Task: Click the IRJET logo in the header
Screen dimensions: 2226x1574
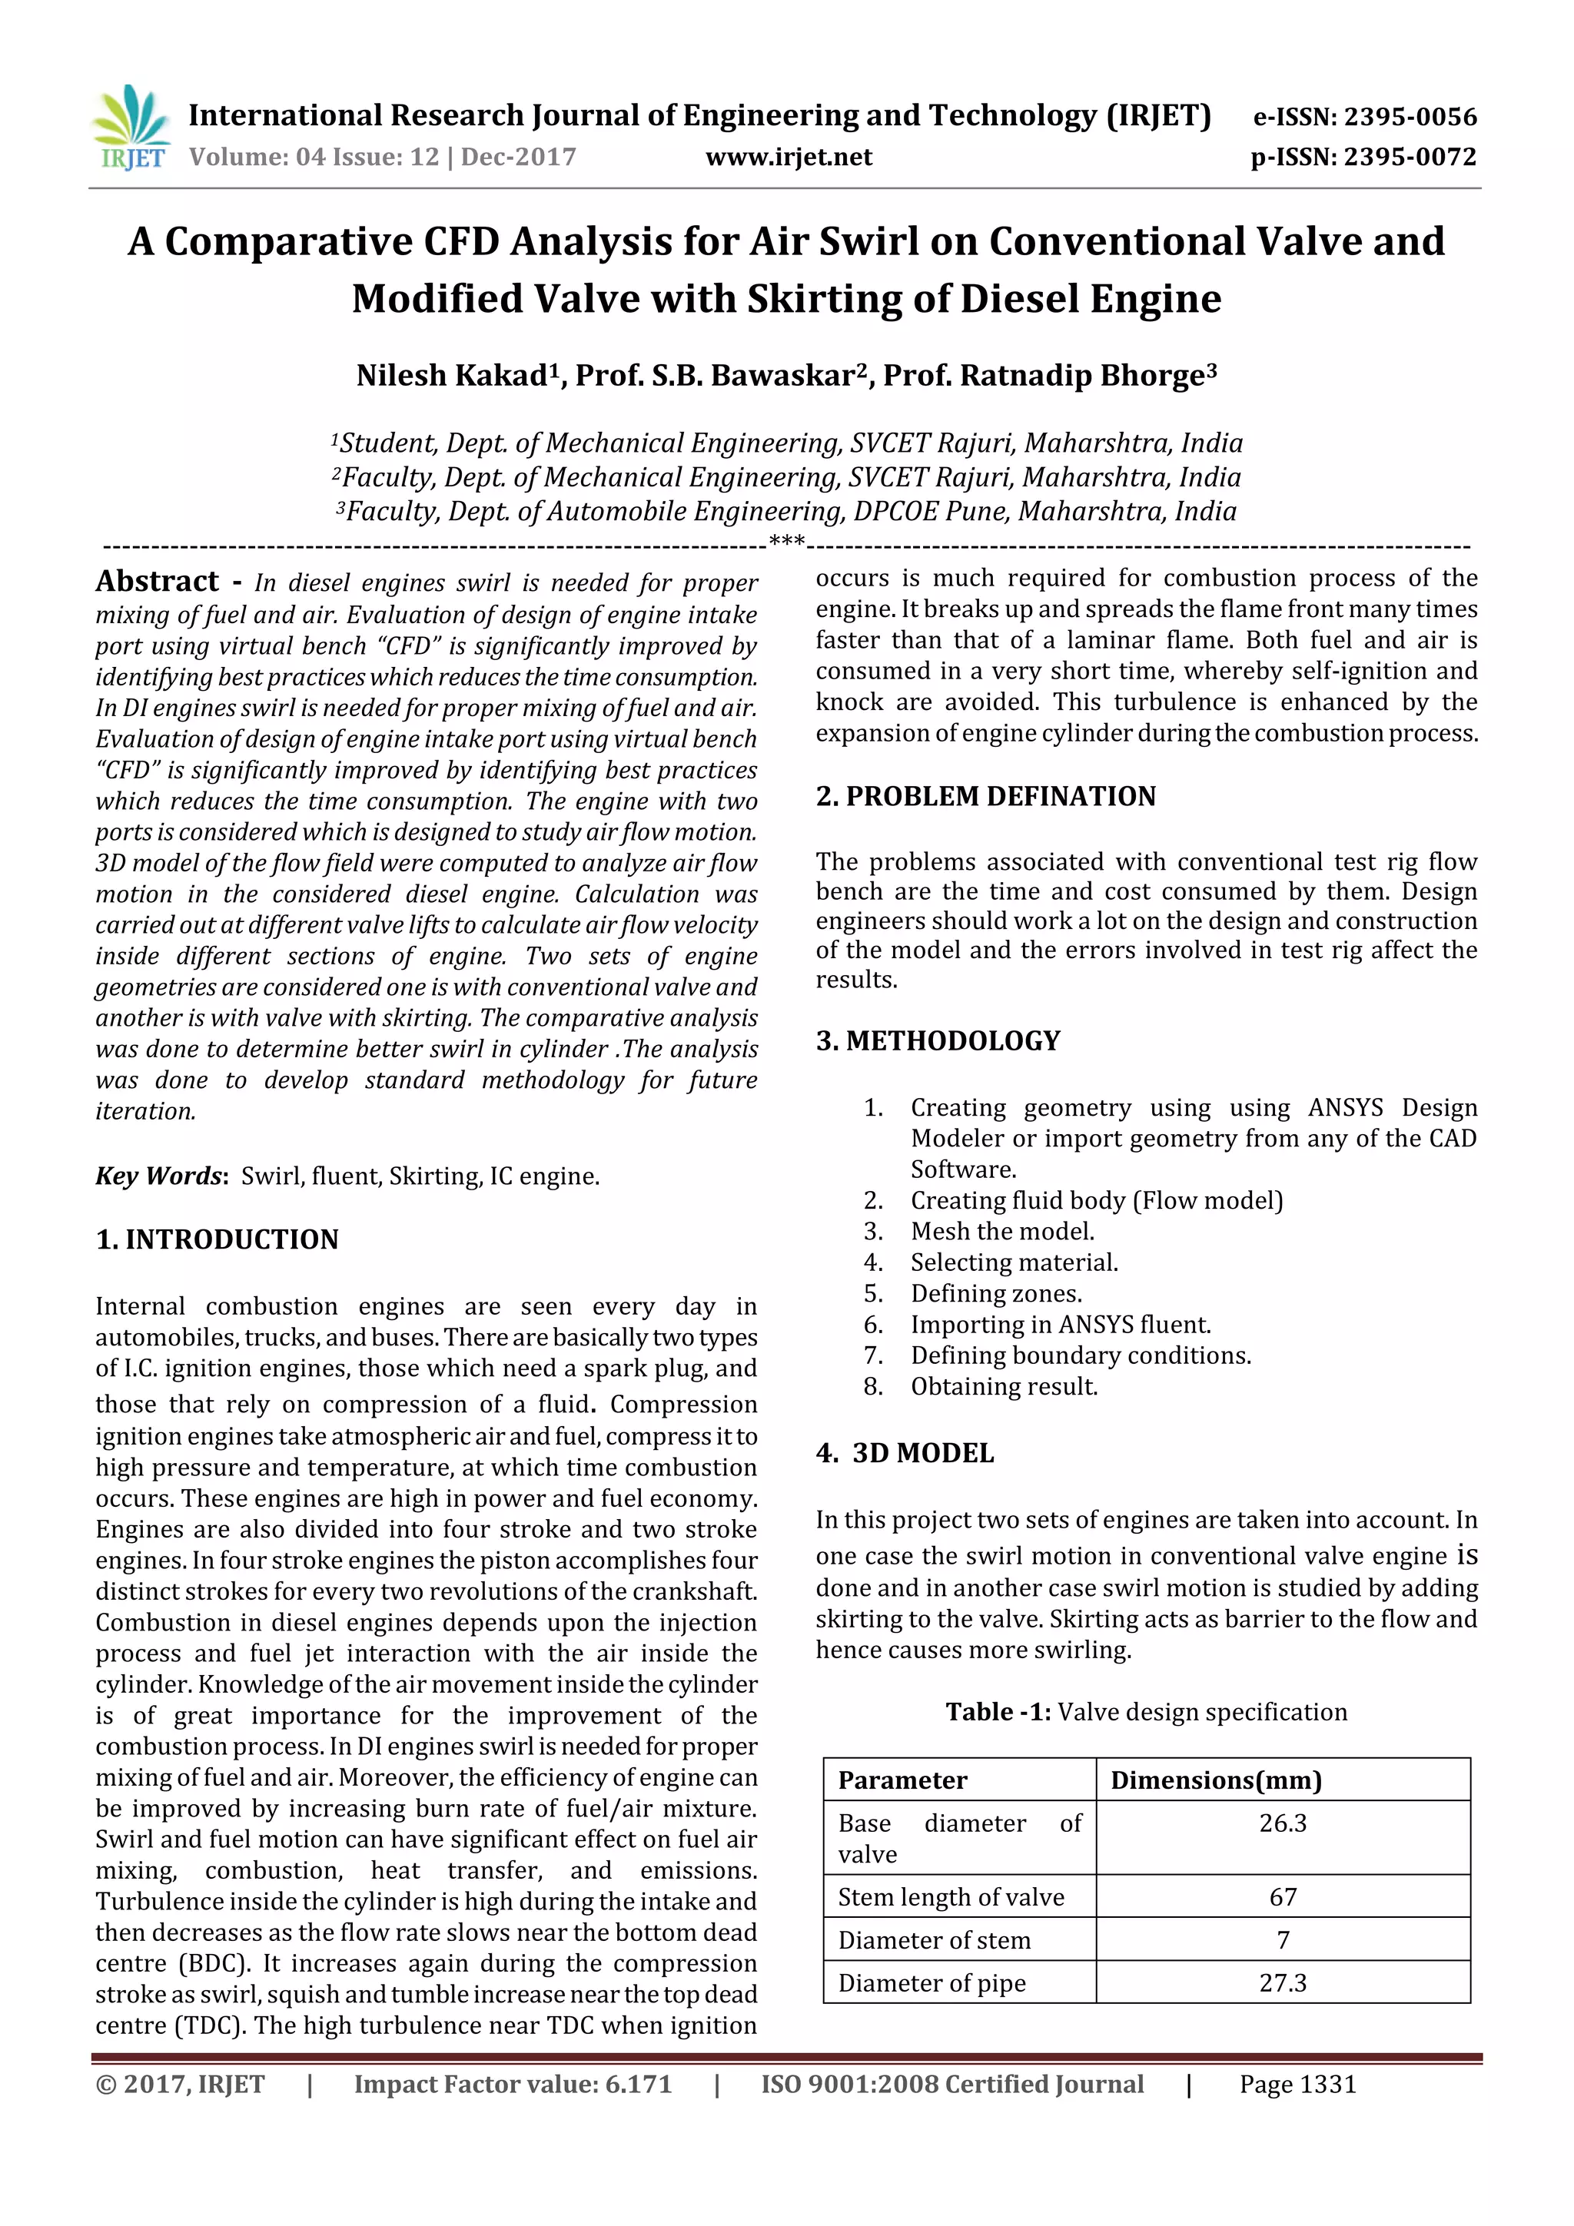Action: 131,128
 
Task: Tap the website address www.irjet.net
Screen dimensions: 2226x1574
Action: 789,157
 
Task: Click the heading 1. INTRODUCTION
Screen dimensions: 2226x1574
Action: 218,1239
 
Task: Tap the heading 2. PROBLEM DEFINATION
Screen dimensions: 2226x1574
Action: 985,796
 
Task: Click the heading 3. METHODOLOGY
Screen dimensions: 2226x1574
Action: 938,1040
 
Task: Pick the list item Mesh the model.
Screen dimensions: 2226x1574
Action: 1002,1231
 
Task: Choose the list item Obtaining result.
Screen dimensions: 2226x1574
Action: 1004,1386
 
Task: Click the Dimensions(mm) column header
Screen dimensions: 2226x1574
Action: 1216,1780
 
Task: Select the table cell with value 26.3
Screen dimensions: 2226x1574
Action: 1282,1823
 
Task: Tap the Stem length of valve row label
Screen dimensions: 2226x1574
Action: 951,1897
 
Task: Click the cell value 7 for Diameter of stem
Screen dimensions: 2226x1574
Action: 1282,1940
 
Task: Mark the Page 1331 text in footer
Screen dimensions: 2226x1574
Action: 1297,2085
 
